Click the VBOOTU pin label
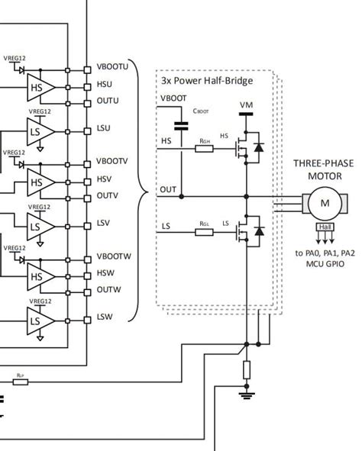point(112,67)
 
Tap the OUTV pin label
point(107,195)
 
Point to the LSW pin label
point(104,317)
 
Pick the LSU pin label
point(103,127)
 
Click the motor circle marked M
point(325,202)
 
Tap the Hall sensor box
point(325,227)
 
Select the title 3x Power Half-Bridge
point(206,80)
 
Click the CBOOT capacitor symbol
point(181,124)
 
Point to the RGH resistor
point(204,149)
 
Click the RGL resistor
point(204,231)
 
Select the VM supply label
point(247,105)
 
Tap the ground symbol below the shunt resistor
point(247,395)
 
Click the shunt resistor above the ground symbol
point(247,370)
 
